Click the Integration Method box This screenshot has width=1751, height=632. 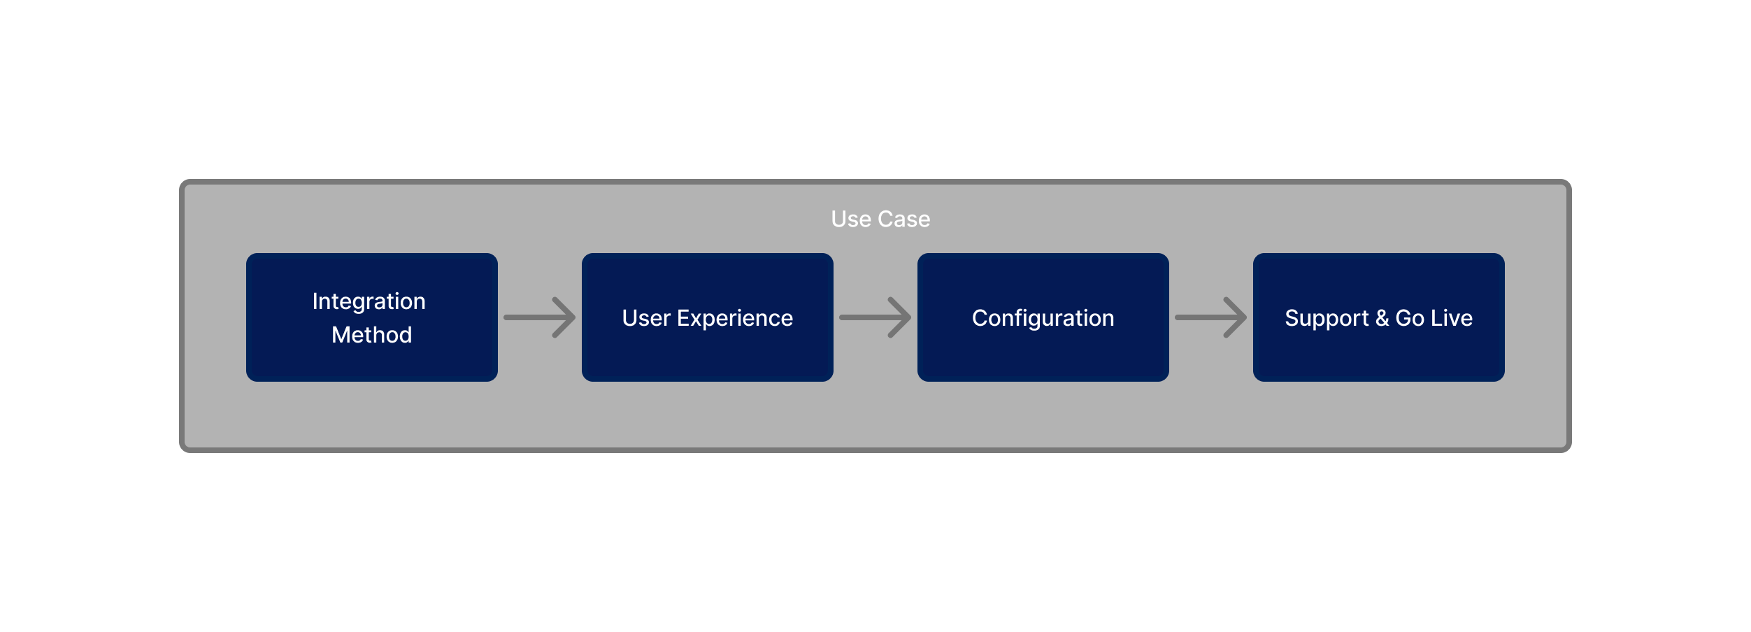pyautogui.click(x=372, y=317)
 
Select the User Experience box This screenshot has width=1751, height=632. pyautogui.click(x=708, y=317)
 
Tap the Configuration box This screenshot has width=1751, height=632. pyautogui.click(x=1043, y=317)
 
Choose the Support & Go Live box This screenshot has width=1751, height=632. pyautogui.click(x=1379, y=317)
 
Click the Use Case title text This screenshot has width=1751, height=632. pyautogui.click(x=880, y=219)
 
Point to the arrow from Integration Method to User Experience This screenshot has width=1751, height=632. pyautogui.click(x=540, y=317)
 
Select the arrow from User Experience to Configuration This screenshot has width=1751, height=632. pyautogui.click(x=876, y=317)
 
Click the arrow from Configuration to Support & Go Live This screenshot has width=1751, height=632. pyautogui.click(x=1211, y=317)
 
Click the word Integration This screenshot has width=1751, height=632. pyautogui.click(x=369, y=301)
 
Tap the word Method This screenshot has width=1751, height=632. pyautogui.click(x=372, y=335)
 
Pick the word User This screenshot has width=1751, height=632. pyautogui.click(x=646, y=318)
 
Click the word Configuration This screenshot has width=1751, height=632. pyautogui.click(x=1043, y=319)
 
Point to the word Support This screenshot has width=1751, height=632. pyautogui.click(x=1327, y=319)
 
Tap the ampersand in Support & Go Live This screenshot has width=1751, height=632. pyautogui.click(x=1382, y=318)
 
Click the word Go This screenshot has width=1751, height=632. pyautogui.click(x=1410, y=318)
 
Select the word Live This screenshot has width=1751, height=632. pyautogui.click(x=1452, y=318)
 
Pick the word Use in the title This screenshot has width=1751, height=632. pyautogui.click(x=851, y=219)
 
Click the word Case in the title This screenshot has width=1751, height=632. pyautogui.click(x=904, y=219)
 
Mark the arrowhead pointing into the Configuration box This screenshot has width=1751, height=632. pyautogui.click(x=901, y=317)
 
